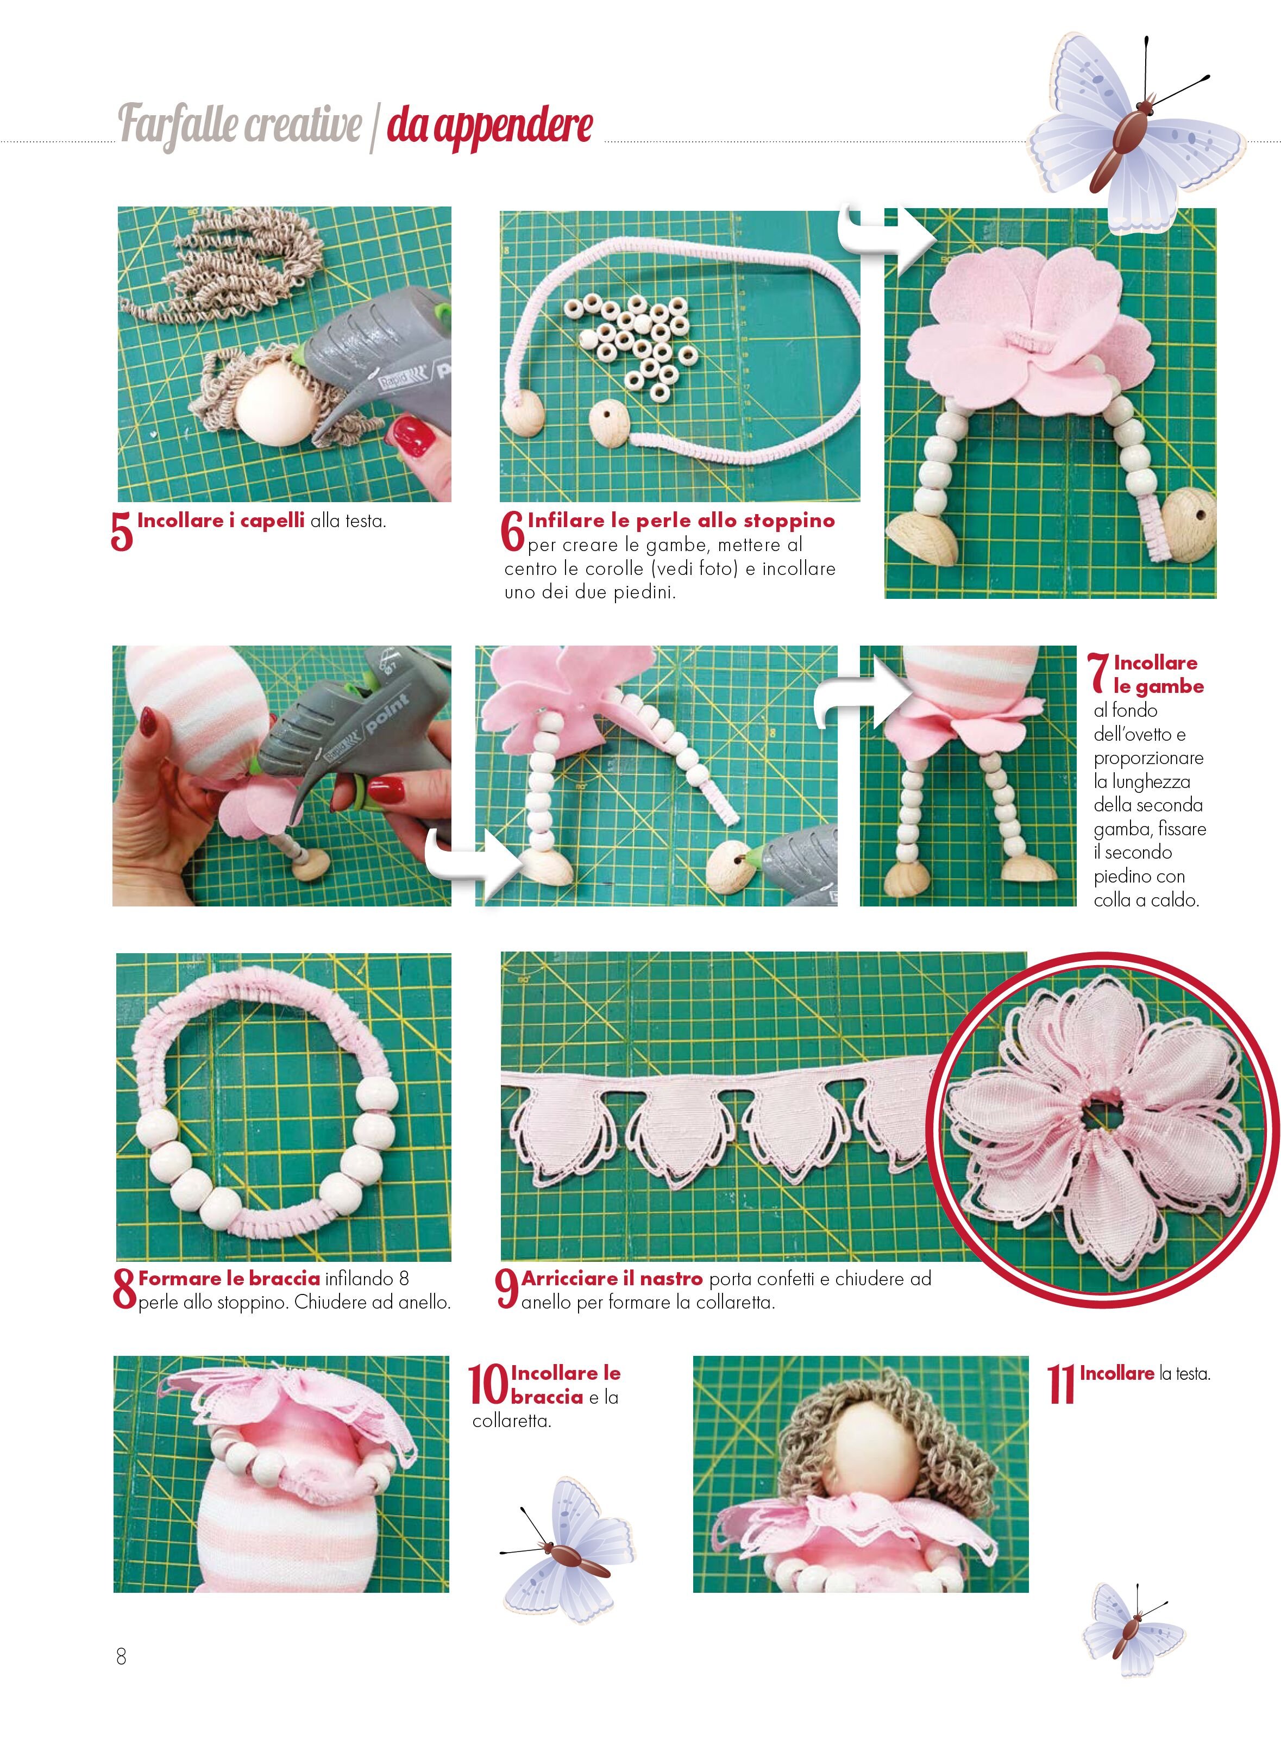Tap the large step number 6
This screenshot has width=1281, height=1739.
[513, 531]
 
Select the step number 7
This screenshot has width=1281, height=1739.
[1099, 672]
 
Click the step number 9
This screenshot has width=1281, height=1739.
[506, 1288]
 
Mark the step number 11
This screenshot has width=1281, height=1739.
[1062, 1385]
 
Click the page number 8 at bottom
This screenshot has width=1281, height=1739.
[121, 1657]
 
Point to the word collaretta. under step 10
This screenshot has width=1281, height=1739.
[512, 1421]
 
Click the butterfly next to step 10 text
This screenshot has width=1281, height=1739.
[566, 1550]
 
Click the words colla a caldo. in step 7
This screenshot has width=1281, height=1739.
[1146, 900]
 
